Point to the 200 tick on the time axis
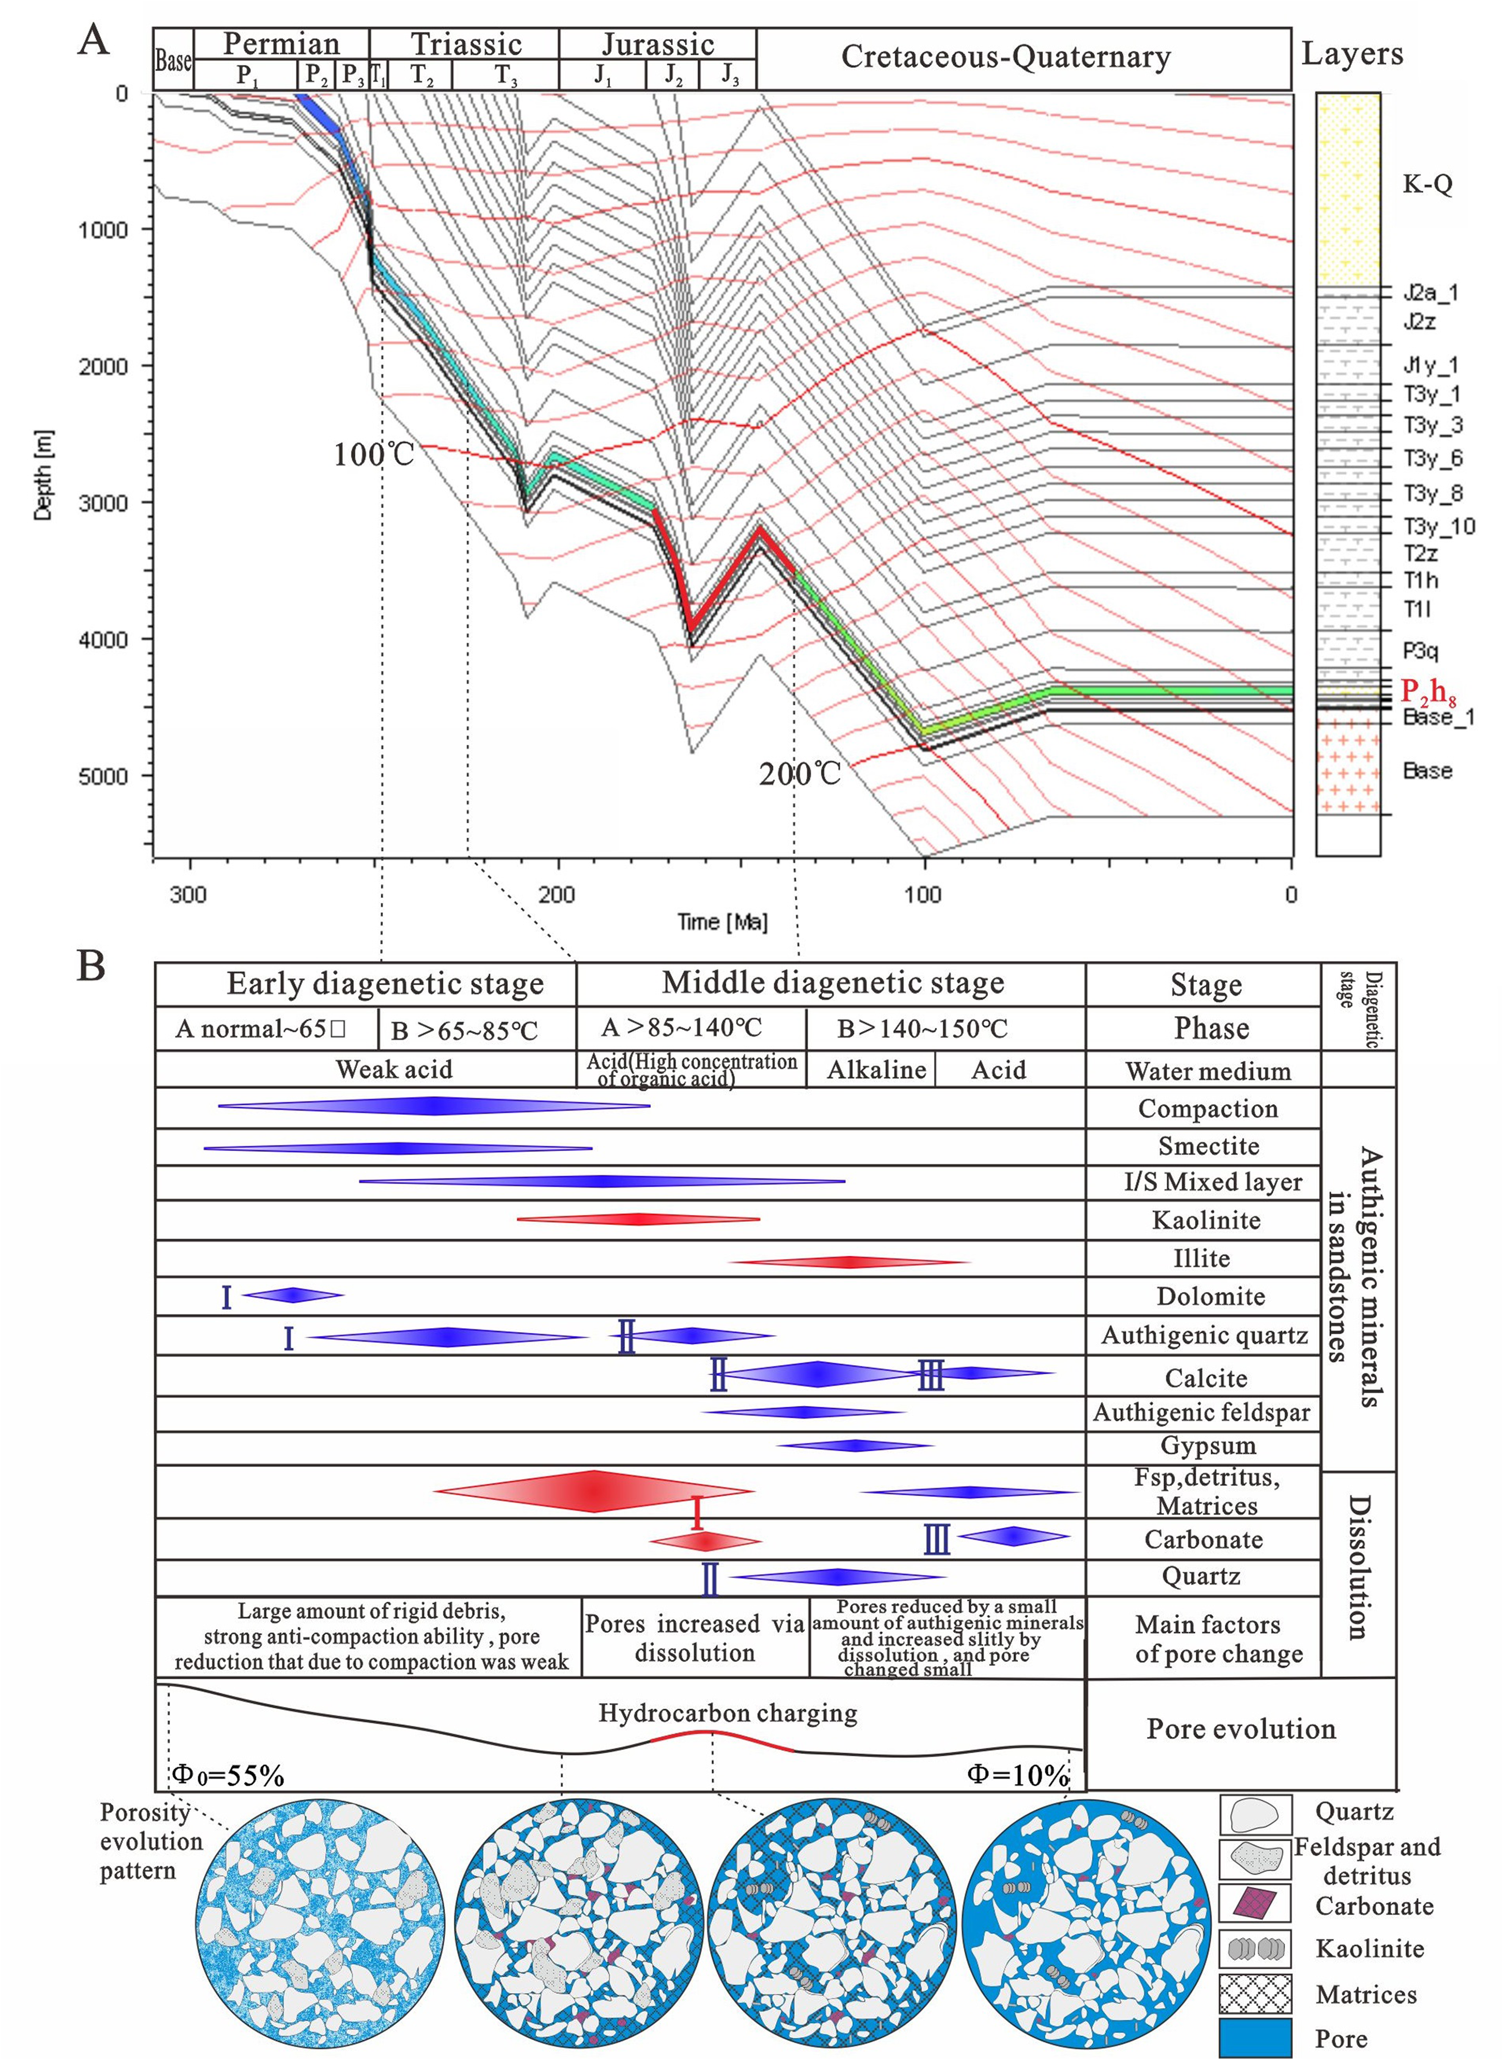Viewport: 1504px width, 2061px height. pyautogui.click(x=556, y=894)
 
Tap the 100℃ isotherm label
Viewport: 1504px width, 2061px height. pyautogui.click(x=373, y=453)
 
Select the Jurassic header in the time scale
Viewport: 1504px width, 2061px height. pyautogui.click(x=657, y=44)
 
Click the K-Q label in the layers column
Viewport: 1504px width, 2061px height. pyautogui.click(x=1427, y=184)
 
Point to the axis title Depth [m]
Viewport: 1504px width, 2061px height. pyautogui.click(x=43, y=476)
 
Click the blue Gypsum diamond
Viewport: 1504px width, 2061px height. pyautogui.click(x=855, y=1445)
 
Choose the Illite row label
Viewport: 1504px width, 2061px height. pyautogui.click(x=1202, y=1258)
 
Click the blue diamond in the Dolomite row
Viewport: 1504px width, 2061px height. pyautogui.click(x=292, y=1295)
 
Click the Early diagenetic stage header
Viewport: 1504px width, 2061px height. pyautogui.click(x=385, y=984)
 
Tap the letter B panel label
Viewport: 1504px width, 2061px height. pyautogui.click(x=91, y=965)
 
